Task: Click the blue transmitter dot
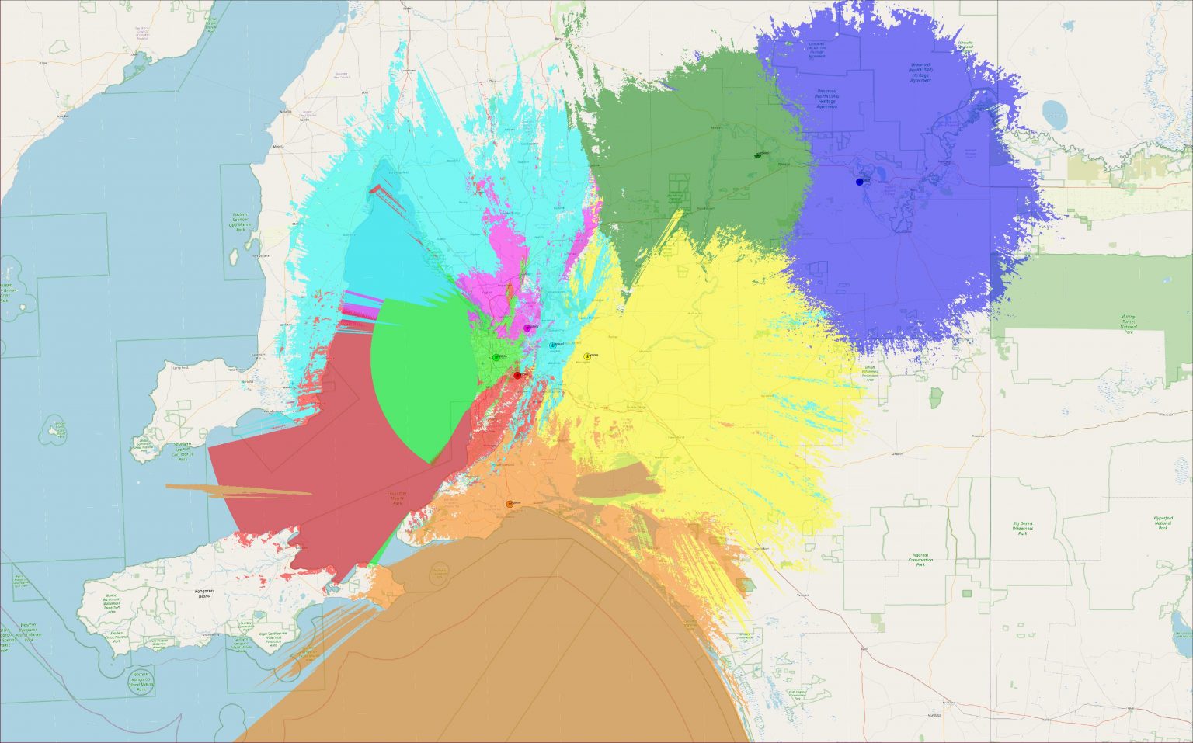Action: point(859,182)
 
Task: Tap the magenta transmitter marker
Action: point(527,328)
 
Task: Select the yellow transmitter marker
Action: point(587,356)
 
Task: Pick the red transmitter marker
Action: point(517,375)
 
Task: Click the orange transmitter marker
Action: point(510,504)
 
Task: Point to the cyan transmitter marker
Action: point(553,345)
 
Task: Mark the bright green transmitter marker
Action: point(496,357)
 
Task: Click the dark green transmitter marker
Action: point(757,155)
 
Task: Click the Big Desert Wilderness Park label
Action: point(1023,529)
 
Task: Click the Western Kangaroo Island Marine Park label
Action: point(141,681)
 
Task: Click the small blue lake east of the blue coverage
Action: point(1056,114)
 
